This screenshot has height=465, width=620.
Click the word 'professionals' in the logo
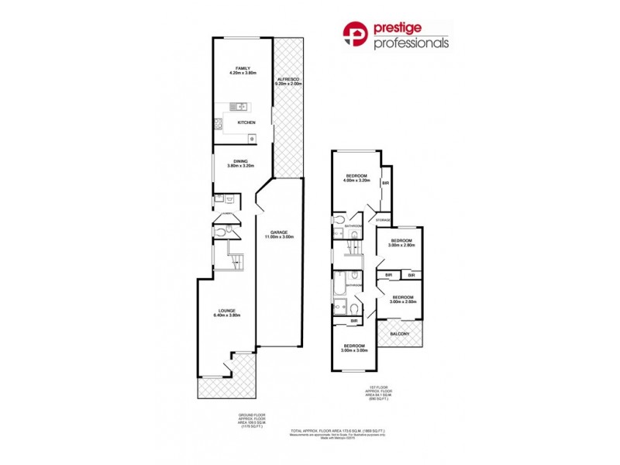point(412,44)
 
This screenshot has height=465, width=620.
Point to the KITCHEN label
point(246,123)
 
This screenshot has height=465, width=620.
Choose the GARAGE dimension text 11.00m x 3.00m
point(279,236)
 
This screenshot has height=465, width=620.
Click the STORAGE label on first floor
point(383,221)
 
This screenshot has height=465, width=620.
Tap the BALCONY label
point(400,334)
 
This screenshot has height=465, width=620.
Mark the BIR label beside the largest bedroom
point(385,183)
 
